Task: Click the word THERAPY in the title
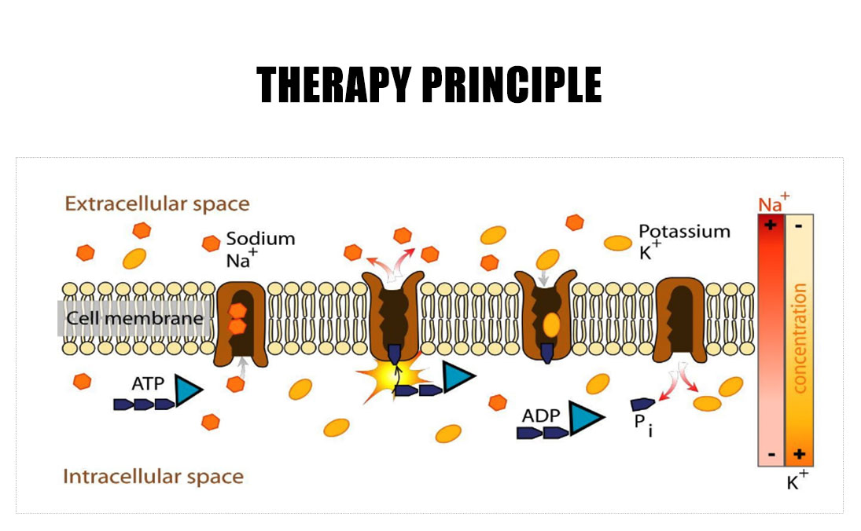pyautogui.click(x=333, y=84)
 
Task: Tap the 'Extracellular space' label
pyautogui.click(x=157, y=204)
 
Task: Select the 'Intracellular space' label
pyautogui.click(x=153, y=477)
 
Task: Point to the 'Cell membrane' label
pyautogui.click(x=134, y=319)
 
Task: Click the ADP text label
pyautogui.click(x=540, y=415)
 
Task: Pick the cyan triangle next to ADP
pyautogui.click(x=583, y=419)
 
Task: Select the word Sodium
pyautogui.click(x=260, y=238)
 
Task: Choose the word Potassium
pyautogui.click(x=684, y=232)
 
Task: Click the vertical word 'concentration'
pyautogui.click(x=800, y=338)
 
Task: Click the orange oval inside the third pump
pyautogui.click(x=552, y=323)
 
